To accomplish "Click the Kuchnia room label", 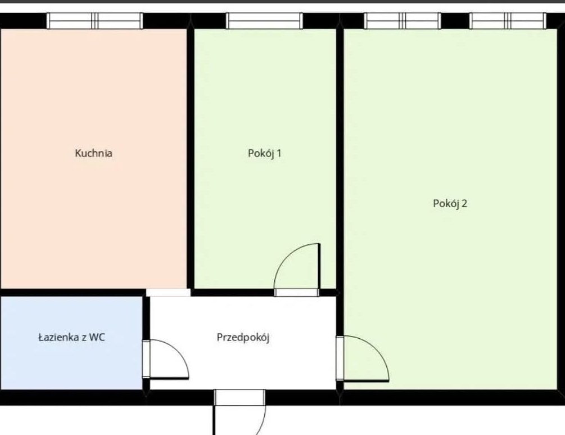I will click(x=94, y=153).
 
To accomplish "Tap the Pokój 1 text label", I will click(x=264, y=153).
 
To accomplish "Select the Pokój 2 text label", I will click(x=450, y=204).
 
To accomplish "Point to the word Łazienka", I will click(x=58, y=338).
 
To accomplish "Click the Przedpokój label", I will click(x=243, y=338).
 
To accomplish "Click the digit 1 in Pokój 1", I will click(x=278, y=153).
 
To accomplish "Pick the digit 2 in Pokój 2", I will click(x=464, y=204).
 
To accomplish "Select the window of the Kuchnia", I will click(x=94, y=21).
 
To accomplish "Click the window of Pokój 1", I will click(x=264, y=21).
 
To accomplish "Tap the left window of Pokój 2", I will click(x=403, y=21).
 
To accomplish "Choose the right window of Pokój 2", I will click(x=508, y=21).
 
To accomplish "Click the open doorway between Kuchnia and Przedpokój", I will click(x=168, y=293).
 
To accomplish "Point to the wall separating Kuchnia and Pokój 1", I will click(x=190, y=158).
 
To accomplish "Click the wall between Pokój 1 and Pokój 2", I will click(x=340, y=158).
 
